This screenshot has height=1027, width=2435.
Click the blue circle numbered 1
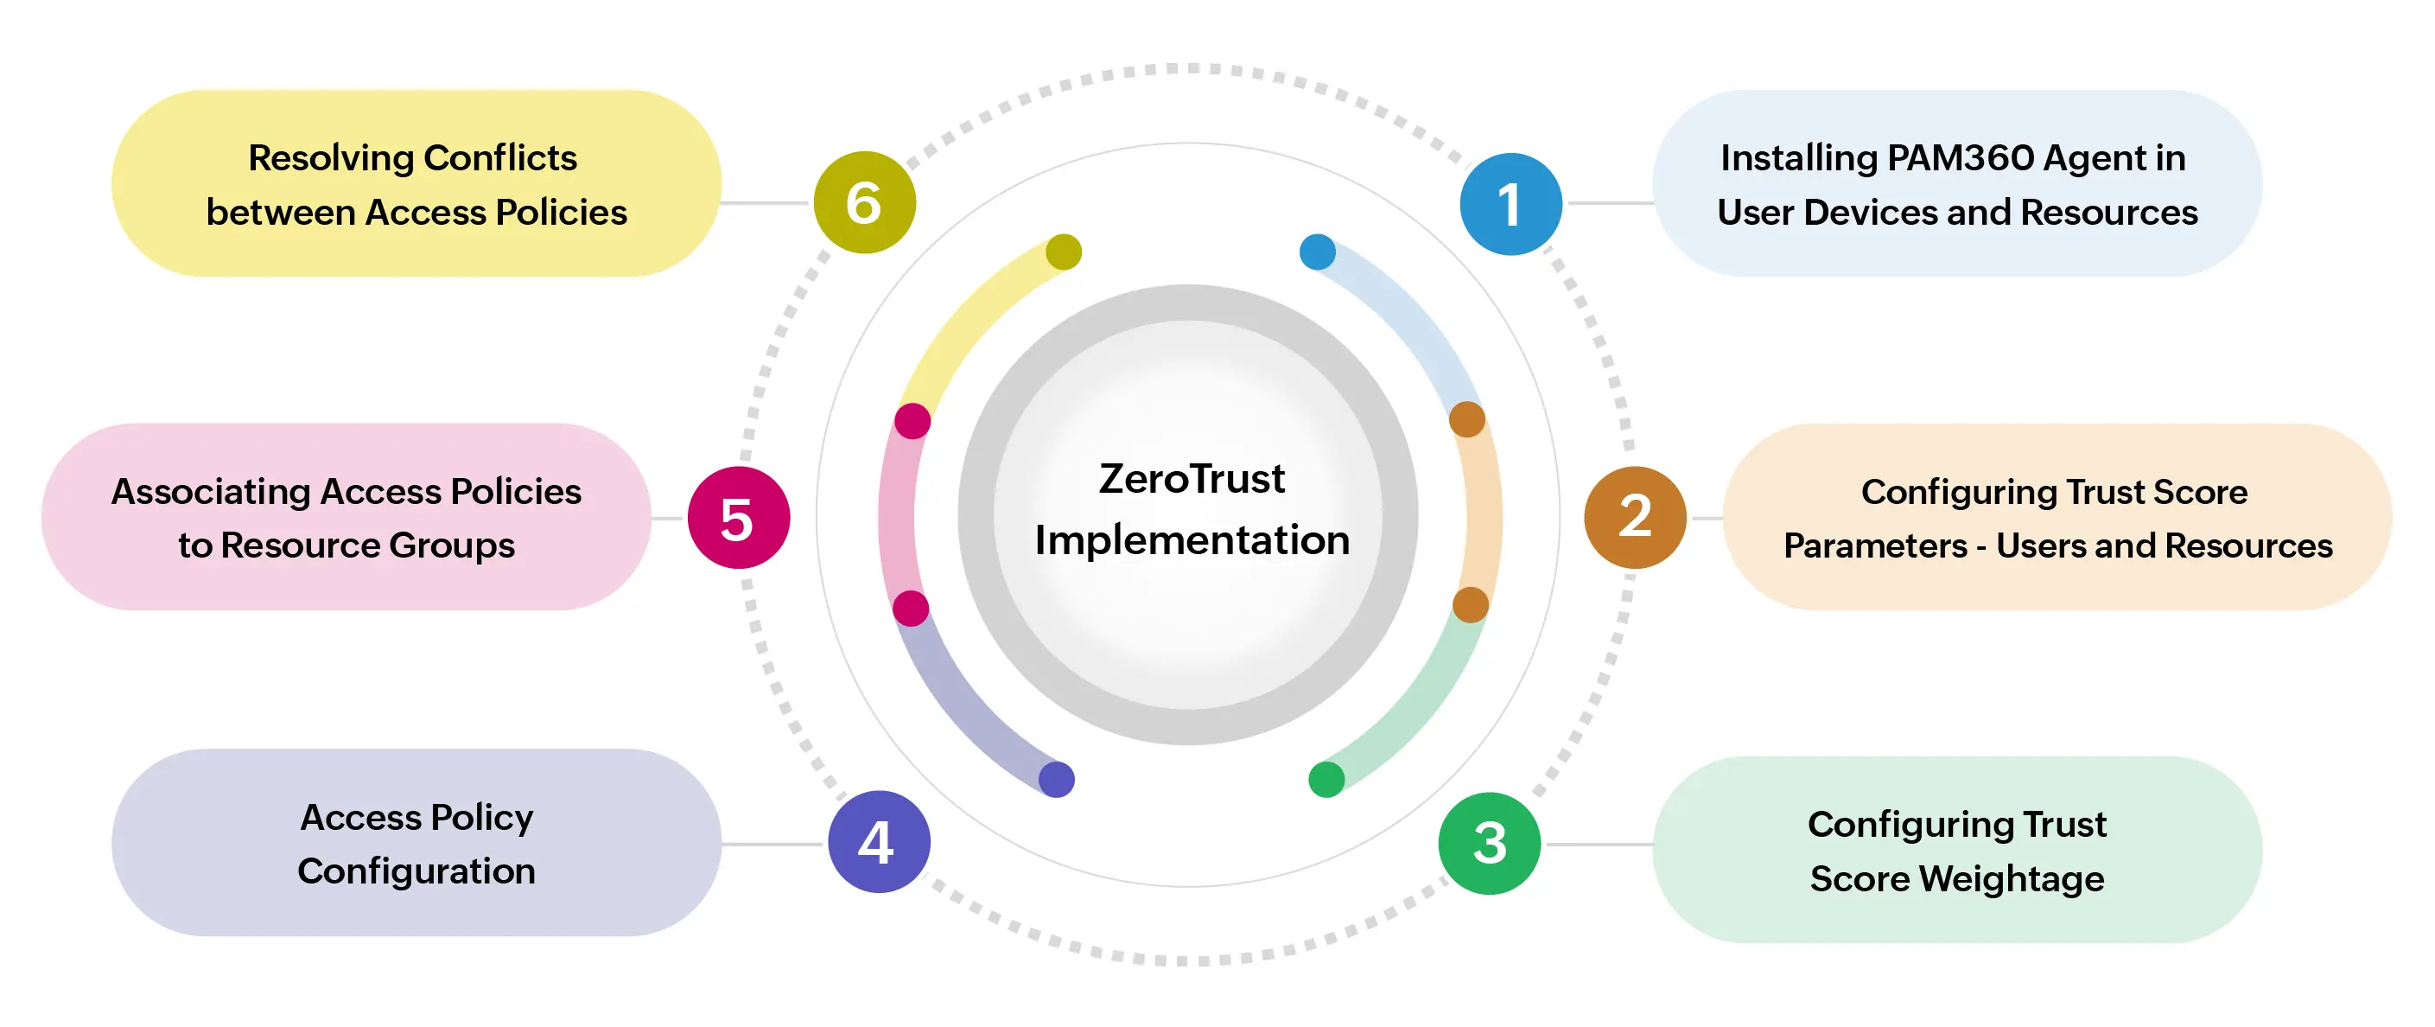(x=1510, y=203)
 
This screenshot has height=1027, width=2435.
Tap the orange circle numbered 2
(x=1634, y=517)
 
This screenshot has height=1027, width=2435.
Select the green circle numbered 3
(x=1489, y=843)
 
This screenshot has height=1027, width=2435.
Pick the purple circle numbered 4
(x=878, y=840)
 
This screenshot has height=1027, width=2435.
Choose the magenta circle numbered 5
(x=738, y=517)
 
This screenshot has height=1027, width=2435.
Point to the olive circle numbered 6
(x=864, y=202)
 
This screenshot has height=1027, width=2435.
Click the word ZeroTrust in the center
(x=1191, y=479)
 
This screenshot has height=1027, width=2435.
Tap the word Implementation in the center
(x=1191, y=540)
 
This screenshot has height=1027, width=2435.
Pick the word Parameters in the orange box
(x=1874, y=545)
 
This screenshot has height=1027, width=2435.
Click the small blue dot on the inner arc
(x=1318, y=252)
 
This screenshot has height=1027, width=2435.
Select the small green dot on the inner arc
(x=1326, y=779)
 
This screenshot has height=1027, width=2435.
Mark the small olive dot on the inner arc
(x=1064, y=252)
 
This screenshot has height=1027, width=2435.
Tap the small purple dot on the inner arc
(x=1056, y=779)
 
